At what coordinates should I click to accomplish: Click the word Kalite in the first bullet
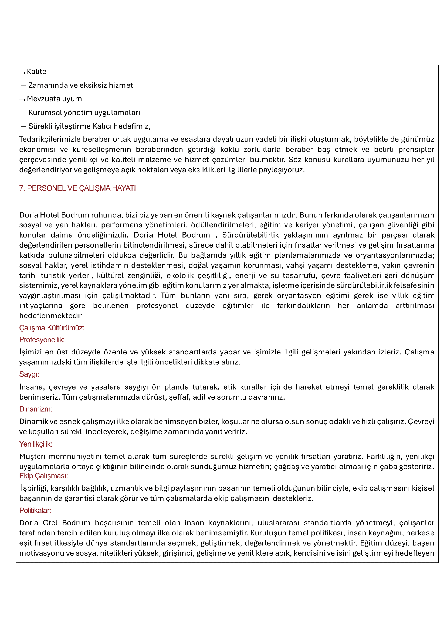[37, 72]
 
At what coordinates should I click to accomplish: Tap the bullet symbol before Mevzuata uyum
[22, 99]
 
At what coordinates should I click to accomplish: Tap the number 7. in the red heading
[22, 188]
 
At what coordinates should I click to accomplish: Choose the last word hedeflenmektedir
[50, 316]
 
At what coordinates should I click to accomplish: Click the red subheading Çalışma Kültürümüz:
[52, 328]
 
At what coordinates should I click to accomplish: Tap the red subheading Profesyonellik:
[42, 340]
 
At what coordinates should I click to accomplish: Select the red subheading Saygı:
[29, 374]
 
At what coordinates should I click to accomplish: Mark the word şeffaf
[179, 397]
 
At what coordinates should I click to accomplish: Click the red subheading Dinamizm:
[36, 409]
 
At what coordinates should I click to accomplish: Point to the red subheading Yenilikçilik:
[36, 444]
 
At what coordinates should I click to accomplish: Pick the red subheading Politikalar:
[35, 510]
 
